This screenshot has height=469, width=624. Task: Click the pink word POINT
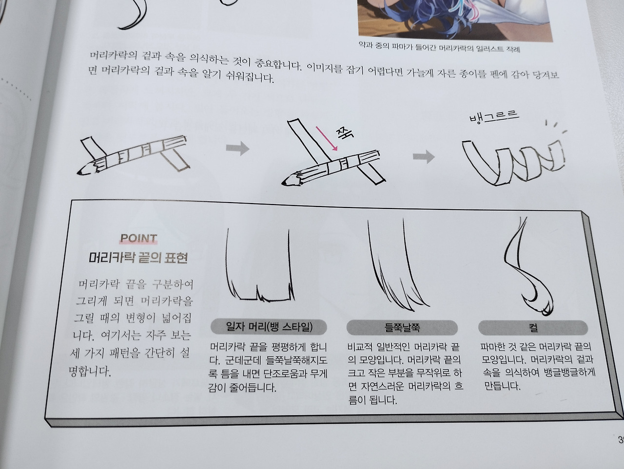tap(138, 239)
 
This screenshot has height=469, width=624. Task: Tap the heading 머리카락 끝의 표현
tap(138, 258)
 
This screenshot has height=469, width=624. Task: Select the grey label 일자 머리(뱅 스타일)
tap(269, 326)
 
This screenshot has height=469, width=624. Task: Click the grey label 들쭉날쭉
tap(402, 327)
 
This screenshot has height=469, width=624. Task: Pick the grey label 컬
tap(533, 327)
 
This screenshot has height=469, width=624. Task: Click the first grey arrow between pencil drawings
tap(237, 149)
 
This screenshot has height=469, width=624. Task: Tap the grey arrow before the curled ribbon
tap(424, 156)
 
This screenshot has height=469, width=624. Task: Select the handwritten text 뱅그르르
tap(493, 117)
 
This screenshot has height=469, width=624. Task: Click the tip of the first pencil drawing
tap(79, 172)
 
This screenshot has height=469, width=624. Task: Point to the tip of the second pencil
tap(285, 183)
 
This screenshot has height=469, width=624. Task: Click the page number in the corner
tap(620, 439)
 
